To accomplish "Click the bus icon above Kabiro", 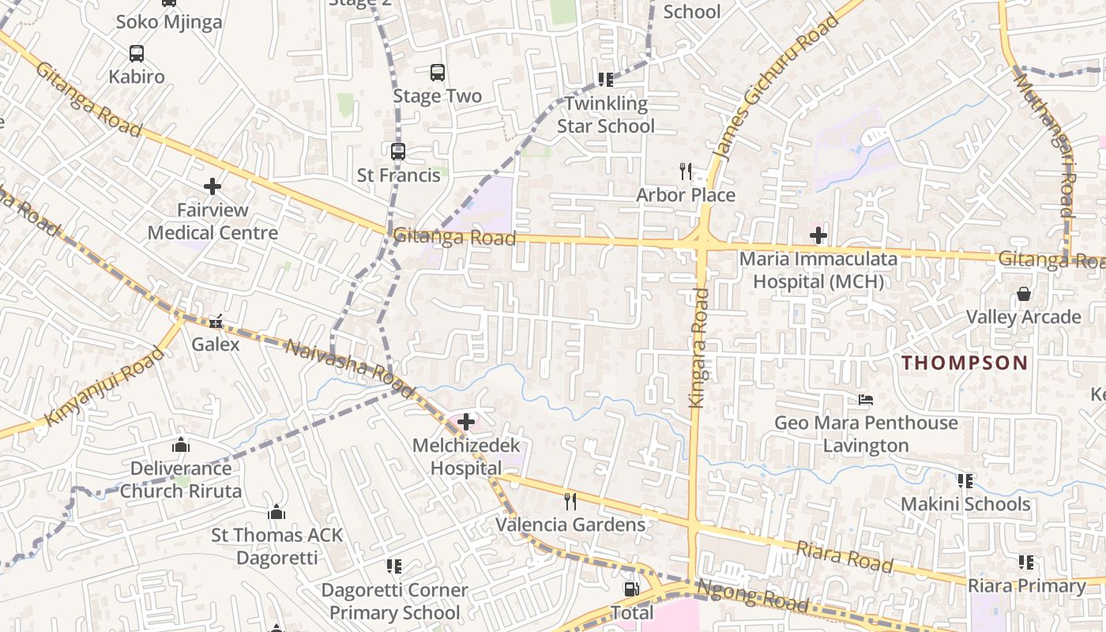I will [x=137, y=54].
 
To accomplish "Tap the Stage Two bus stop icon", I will [x=438, y=73].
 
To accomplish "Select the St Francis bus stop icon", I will [x=398, y=151].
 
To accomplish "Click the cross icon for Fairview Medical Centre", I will [x=213, y=186].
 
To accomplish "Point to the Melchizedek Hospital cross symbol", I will [x=466, y=422].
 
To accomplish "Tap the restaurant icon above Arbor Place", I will [x=686, y=171].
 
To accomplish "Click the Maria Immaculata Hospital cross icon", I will [x=818, y=235].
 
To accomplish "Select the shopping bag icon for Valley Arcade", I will [x=1024, y=294].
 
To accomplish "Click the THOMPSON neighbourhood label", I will [x=965, y=363].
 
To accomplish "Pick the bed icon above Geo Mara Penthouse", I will [x=866, y=400].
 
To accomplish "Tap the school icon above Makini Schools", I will [x=965, y=480].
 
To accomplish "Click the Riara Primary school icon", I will [x=1025, y=562].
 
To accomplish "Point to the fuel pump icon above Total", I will [x=631, y=589].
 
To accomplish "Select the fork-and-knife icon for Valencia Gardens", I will [x=570, y=501].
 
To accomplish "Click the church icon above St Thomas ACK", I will [x=276, y=513].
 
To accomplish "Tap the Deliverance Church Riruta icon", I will [x=181, y=445].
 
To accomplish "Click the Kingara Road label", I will [x=698, y=348].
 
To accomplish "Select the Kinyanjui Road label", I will [x=104, y=386].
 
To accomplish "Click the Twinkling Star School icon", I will [x=606, y=79].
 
